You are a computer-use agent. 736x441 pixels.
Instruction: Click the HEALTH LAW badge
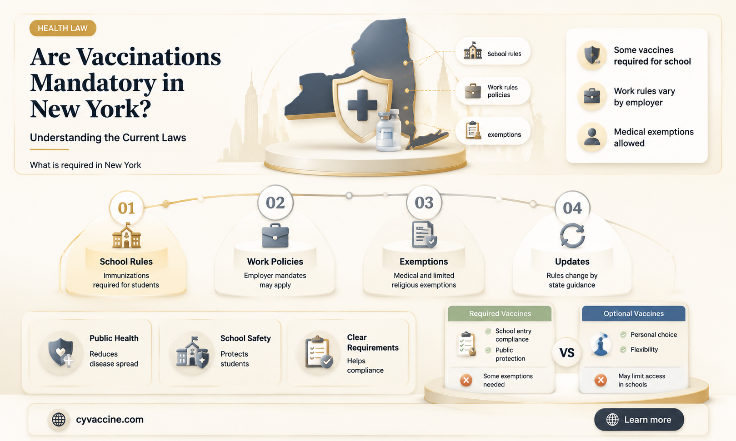pyautogui.click(x=63, y=28)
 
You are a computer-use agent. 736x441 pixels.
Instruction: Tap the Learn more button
pyautogui.click(x=639, y=419)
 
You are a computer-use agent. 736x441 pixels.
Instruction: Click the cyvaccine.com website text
pyautogui.click(x=110, y=419)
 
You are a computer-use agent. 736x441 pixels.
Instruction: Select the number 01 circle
pyautogui.click(x=126, y=208)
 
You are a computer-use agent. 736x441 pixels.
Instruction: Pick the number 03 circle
pyautogui.click(x=424, y=203)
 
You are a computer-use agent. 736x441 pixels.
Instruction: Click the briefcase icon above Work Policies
pyautogui.click(x=275, y=235)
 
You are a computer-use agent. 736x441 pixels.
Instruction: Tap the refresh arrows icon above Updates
pyautogui.click(x=572, y=235)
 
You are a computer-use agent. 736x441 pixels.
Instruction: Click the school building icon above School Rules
pyautogui.click(x=126, y=235)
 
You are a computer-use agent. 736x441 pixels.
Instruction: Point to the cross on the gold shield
pyautogui.click(x=362, y=105)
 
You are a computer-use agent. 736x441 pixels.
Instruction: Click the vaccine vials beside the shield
pyautogui.click(x=389, y=131)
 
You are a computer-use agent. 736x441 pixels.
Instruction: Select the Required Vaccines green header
pyautogui.click(x=500, y=313)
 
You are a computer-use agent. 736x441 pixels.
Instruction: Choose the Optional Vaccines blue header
pyautogui.click(x=633, y=313)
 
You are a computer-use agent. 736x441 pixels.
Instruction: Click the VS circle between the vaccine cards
pyautogui.click(x=567, y=353)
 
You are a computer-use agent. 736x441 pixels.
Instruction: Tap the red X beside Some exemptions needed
pyautogui.click(x=466, y=380)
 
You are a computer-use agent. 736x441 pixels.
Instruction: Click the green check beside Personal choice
pyautogui.click(x=623, y=335)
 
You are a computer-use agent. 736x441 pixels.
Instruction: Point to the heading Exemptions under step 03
pyautogui.click(x=424, y=262)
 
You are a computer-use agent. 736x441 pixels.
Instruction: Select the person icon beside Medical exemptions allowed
pyautogui.click(x=592, y=137)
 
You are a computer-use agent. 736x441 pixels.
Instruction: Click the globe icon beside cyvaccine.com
pyautogui.click(x=59, y=419)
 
